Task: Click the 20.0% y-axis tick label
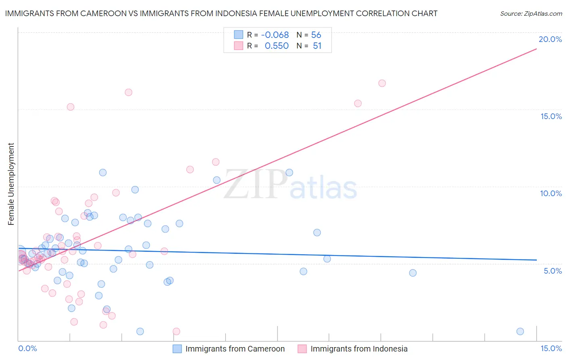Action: [x=550, y=39]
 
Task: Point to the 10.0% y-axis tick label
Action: [x=551, y=193]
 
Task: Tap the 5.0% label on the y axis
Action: [x=552, y=271]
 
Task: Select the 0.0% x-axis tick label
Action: [x=27, y=348]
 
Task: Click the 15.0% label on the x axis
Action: [x=551, y=348]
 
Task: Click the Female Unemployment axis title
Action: [x=11, y=184]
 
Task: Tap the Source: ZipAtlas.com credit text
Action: [x=531, y=13]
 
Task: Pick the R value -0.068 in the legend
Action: [x=275, y=35]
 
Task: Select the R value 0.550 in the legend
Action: [x=277, y=46]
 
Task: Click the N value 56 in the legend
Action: [x=316, y=35]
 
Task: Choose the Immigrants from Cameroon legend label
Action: [x=235, y=349]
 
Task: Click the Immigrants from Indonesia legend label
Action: [x=359, y=349]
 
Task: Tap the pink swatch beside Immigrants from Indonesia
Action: [x=302, y=349]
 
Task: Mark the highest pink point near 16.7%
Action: [x=382, y=83]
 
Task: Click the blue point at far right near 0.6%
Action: [x=520, y=331]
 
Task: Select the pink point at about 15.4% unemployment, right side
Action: [x=358, y=103]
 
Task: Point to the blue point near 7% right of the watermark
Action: [x=317, y=232]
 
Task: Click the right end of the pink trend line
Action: [x=536, y=49]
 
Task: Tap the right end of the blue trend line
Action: [x=536, y=260]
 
